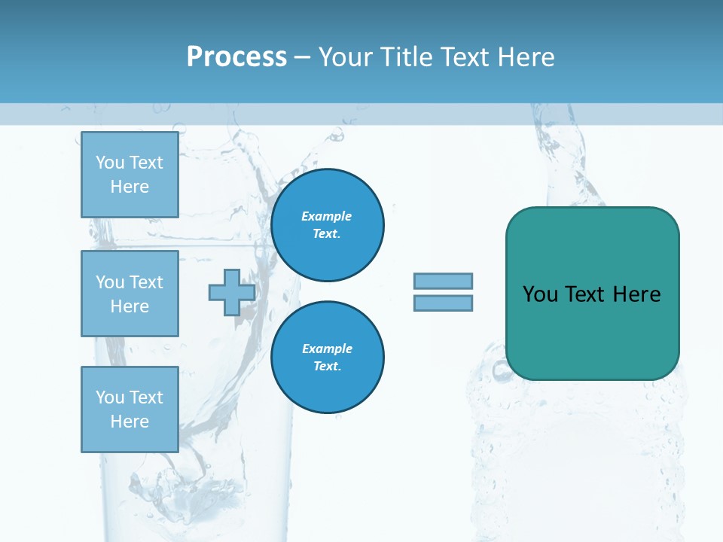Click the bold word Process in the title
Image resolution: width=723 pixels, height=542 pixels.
point(236,57)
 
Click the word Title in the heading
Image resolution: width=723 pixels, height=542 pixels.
point(403,57)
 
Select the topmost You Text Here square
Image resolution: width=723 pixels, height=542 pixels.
point(130,175)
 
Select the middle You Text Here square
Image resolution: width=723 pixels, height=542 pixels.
point(130,294)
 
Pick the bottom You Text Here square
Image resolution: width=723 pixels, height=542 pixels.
point(130,410)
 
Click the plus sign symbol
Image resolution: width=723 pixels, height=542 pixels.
point(232,292)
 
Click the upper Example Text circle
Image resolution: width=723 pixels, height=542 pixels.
point(328,225)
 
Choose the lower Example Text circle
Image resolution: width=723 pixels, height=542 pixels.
point(328,358)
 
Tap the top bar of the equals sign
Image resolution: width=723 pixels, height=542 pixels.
point(443,281)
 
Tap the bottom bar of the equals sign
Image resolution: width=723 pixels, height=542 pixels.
point(443,303)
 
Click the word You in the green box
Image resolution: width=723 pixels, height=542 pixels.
point(540,294)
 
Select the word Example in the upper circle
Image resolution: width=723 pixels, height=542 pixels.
point(327,216)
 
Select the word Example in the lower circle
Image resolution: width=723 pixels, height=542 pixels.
point(327,349)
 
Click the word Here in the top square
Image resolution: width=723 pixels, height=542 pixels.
point(130,187)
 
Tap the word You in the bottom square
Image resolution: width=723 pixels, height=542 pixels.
point(110,397)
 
